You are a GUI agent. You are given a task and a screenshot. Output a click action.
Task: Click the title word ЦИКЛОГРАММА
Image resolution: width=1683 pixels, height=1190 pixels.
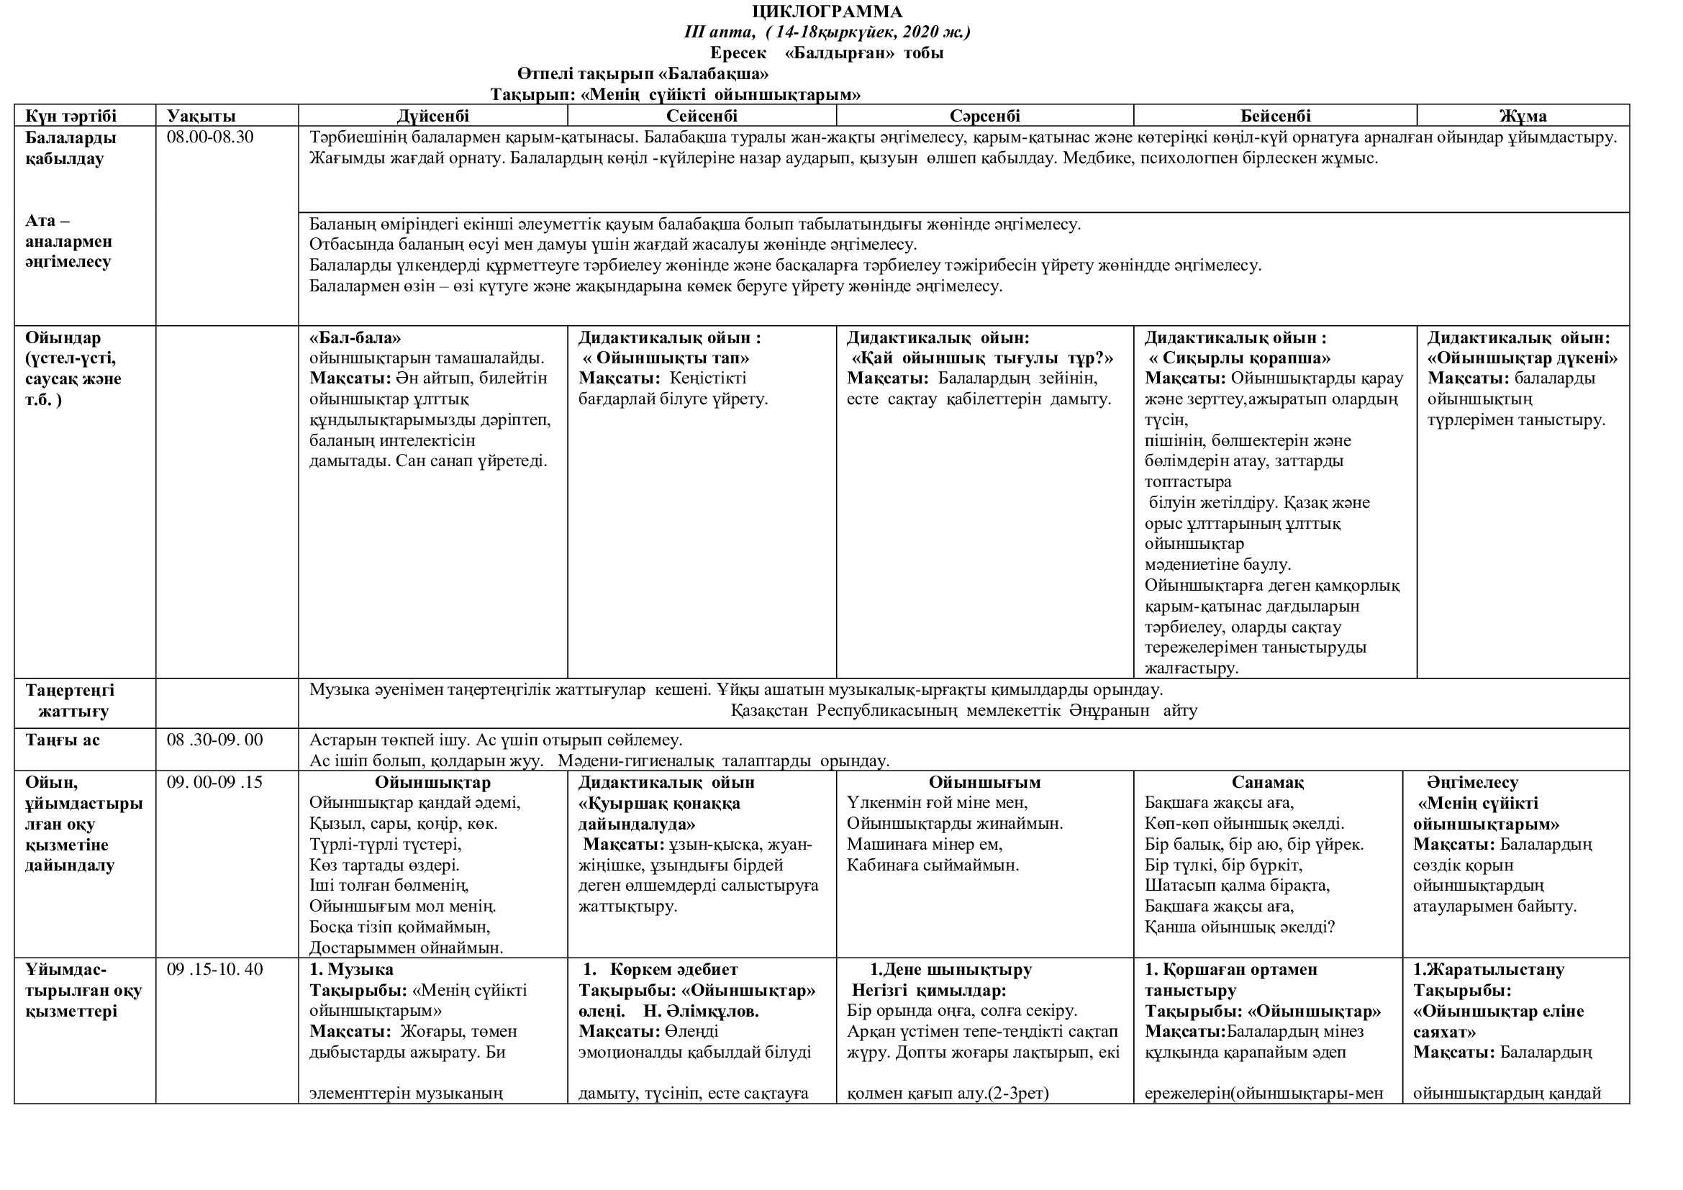pos(827,12)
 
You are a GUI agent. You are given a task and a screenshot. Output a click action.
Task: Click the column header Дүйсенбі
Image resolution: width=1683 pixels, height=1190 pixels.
pos(432,116)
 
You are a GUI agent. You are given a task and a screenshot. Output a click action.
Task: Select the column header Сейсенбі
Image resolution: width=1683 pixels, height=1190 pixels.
pos(702,116)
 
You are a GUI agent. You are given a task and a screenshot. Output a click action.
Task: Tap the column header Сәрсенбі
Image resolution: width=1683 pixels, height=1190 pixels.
pos(984,116)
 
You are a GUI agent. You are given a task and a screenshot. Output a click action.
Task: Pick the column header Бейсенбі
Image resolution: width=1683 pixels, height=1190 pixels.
pos(1275,116)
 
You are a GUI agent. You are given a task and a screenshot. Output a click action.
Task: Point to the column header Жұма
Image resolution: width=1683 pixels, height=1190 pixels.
pos(1523,116)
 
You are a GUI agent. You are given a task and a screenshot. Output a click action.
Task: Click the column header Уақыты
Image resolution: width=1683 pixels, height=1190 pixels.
pos(201,116)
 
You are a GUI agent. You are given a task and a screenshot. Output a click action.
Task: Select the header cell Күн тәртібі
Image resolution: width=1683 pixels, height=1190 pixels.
pos(71,116)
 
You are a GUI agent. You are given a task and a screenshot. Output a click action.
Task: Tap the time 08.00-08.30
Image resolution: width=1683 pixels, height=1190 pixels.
pos(209,137)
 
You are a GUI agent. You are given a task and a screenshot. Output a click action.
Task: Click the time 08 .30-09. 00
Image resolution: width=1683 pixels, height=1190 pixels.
pos(214,740)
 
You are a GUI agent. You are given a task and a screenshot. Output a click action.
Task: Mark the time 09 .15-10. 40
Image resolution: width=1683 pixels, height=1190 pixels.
pos(214,969)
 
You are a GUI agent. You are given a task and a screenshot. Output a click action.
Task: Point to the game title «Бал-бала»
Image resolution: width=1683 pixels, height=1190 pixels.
pos(355,338)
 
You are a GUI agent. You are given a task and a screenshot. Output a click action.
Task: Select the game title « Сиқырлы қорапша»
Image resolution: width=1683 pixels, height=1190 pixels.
pos(1239,358)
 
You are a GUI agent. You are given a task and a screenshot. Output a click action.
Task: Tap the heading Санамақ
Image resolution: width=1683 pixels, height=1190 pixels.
pos(1267,783)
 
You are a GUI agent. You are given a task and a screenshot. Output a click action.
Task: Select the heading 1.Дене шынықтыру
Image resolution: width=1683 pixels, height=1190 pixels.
pos(951,969)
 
